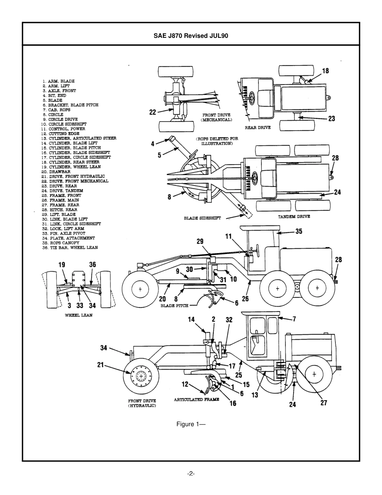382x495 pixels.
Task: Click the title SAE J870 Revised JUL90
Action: (x=191, y=35)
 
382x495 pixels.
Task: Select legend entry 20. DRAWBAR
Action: (x=56, y=171)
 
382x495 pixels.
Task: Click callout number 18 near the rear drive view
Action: (x=325, y=71)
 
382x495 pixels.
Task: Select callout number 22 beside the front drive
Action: (x=152, y=112)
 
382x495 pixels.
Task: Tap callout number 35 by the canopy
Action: (x=299, y=231)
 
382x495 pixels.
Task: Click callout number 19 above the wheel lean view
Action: (x=62, y=265)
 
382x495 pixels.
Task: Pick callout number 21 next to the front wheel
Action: (x=101, y=365)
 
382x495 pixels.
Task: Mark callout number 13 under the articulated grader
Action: (x=255, y=395)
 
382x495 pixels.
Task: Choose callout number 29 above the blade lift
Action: (x=200, y=241)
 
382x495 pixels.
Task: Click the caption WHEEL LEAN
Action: (x=78, y=315)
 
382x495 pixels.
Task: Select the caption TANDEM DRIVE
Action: (x=294, y=217)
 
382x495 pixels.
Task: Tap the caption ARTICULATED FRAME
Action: (x=196, y=400)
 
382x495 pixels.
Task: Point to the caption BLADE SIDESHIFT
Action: (x=202, y=218)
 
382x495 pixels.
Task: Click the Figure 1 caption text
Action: (x=191, y=424)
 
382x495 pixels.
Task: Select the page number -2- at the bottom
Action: (x=191, y=474)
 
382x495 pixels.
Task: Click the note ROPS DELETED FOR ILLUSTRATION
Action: (x=217, y=141)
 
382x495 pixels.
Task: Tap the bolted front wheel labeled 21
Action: (x=140, y=376)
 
